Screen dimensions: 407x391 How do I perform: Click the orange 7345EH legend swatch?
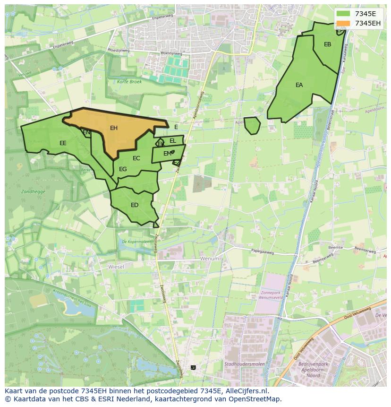[x=343, y=23]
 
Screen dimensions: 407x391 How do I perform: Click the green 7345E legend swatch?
[x=343, y=14]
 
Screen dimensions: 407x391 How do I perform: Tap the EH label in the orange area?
[x=114, y=128]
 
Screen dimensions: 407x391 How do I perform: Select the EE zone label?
[x=63, y=143]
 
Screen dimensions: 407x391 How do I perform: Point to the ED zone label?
[x=135, y=205]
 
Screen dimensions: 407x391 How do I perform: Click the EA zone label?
[x=299, y=85]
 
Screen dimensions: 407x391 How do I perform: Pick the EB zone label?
[x=327, y=44]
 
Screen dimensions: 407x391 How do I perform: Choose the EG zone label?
[x=123, y=169]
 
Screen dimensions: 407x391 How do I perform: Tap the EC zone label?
[x=136, y=158]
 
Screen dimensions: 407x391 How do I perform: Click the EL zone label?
[x=172, y=141]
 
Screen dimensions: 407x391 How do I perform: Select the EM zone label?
[x=167, y=154]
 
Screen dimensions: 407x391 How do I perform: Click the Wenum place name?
[x=210, y=259]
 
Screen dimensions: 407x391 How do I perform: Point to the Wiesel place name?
[x=116, y=267]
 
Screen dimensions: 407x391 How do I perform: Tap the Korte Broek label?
[x=129, y=82]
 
